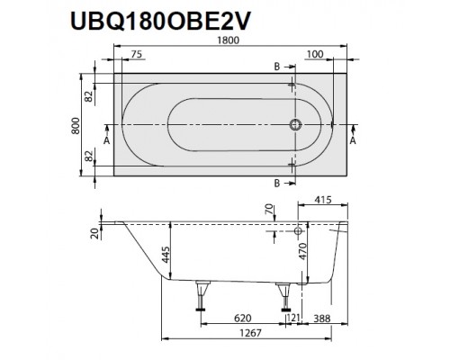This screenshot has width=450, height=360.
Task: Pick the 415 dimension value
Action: (x=327, y=200)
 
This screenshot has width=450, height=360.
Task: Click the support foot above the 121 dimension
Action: (x=285, y=297)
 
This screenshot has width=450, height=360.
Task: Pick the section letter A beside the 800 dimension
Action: (x=106, y=140)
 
